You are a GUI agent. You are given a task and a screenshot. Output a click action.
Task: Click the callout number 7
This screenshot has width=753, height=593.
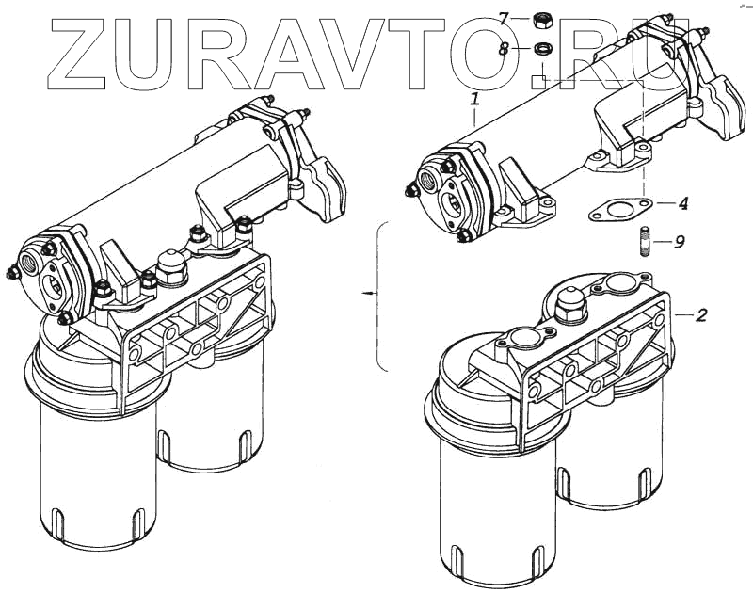(504, 17)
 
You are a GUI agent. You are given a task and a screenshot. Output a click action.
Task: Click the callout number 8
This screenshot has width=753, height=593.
(504, 48)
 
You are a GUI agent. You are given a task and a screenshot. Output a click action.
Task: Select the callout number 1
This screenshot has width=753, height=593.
(475, 98)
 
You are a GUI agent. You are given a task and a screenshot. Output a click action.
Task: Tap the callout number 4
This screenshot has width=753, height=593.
(683, 203)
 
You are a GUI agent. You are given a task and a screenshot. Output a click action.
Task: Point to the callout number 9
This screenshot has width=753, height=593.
(679, 242)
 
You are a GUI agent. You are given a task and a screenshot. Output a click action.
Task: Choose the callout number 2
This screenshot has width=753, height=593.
(701, 315)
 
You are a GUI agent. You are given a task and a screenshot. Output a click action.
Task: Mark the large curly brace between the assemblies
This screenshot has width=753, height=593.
(379, 295)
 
